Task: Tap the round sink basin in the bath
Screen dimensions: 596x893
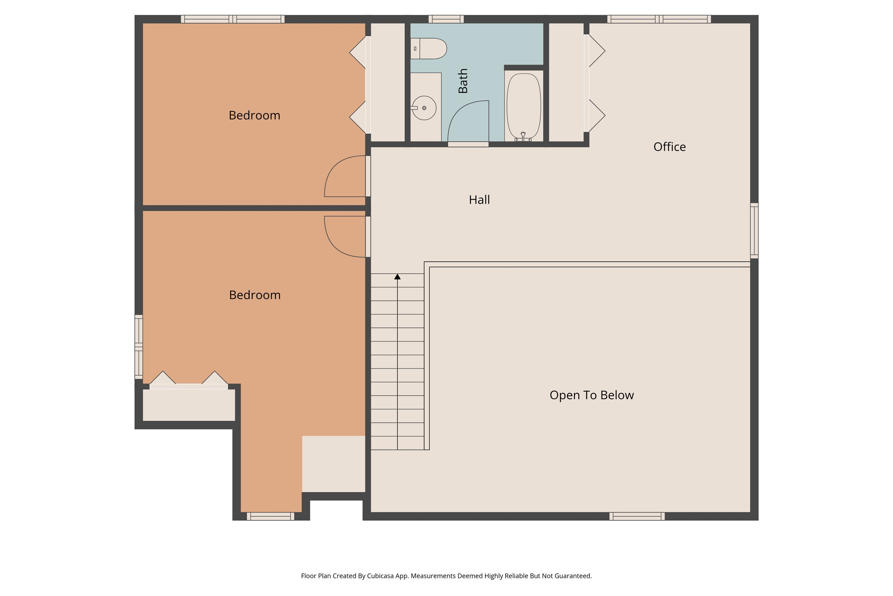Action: [x=424, y=108]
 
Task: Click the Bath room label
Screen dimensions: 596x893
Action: [x=463, y=81]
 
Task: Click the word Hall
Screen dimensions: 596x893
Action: [x=479, y=200]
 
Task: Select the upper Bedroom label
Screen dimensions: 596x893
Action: [x=254, y=115]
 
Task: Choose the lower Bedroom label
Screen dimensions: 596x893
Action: [x=255, y=295]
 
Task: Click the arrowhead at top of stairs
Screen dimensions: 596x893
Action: [x=398, y=277]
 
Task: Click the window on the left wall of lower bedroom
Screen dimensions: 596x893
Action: [x=139, y=347]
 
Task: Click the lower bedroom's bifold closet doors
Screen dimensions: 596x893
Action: [x=189, y=381]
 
